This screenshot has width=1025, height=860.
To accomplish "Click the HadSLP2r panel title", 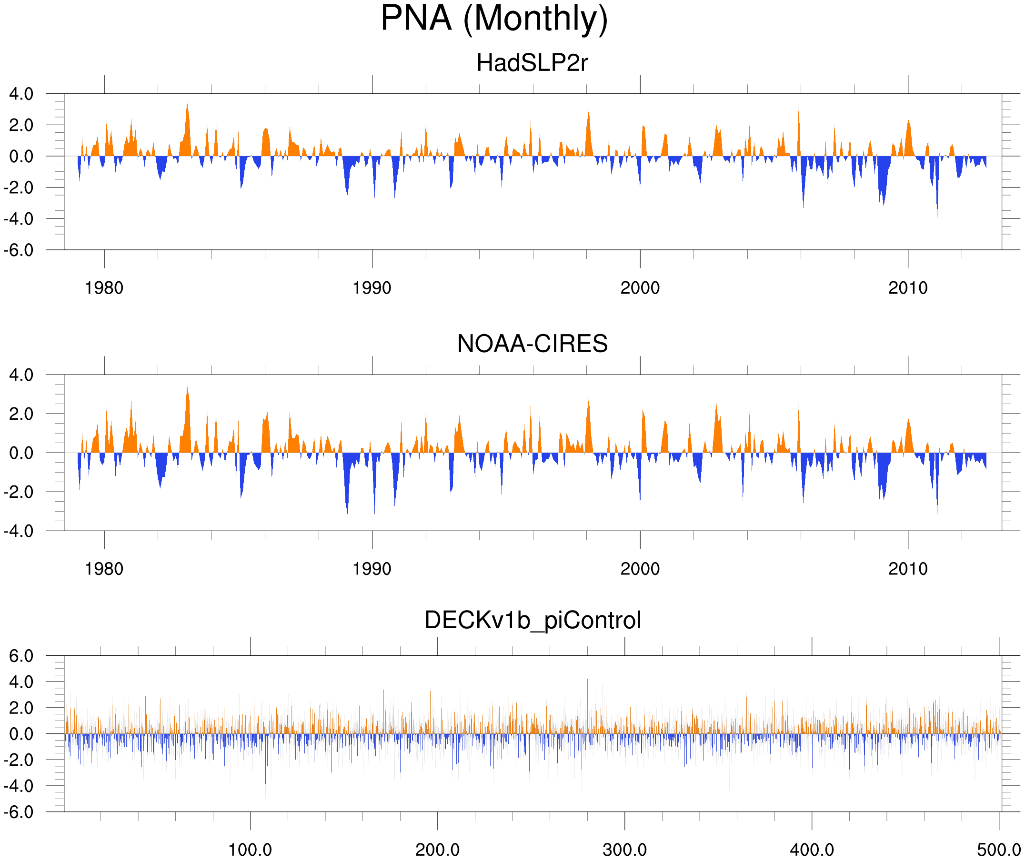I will [532, 63].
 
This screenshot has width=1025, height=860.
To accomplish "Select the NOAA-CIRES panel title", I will [532, 344].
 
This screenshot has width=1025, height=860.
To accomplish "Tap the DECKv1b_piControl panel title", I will [533, 621].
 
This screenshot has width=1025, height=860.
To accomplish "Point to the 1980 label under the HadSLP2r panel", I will [104, 288].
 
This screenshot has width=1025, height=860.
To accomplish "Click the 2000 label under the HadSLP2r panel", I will [640, 288].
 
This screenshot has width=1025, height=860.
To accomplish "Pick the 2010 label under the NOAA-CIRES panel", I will [908, 569].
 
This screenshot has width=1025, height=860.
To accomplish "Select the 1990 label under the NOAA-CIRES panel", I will [372, 569].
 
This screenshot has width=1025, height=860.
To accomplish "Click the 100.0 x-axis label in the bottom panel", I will [250, 850].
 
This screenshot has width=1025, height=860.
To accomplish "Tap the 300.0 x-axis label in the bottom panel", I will [625, 850].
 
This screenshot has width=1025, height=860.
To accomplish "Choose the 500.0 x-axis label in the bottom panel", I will [999, 850].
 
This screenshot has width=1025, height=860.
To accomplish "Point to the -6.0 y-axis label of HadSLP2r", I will [19, 250].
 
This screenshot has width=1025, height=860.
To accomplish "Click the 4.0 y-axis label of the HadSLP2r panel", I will [21, 94].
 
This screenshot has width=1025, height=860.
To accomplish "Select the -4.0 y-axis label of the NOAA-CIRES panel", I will [19, 531].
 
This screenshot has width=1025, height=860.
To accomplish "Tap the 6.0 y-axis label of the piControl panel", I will [21, 656].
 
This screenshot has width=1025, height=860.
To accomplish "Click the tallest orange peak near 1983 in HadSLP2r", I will [187, 103].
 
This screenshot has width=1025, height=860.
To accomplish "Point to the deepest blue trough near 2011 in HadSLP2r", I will [937, 216].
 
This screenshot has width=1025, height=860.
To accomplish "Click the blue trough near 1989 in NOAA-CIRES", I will [347, 511].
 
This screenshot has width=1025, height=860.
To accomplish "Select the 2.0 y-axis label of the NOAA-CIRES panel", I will [21, 414].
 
